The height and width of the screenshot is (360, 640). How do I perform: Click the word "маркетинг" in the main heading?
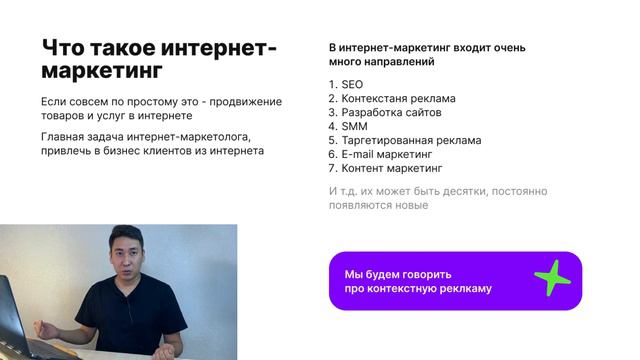pos(100,73)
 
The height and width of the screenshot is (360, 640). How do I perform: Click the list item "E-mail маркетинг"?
pos(386,155)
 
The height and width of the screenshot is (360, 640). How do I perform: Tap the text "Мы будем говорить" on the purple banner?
pos(398,274)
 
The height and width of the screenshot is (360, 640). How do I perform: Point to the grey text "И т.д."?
pos(346,191)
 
